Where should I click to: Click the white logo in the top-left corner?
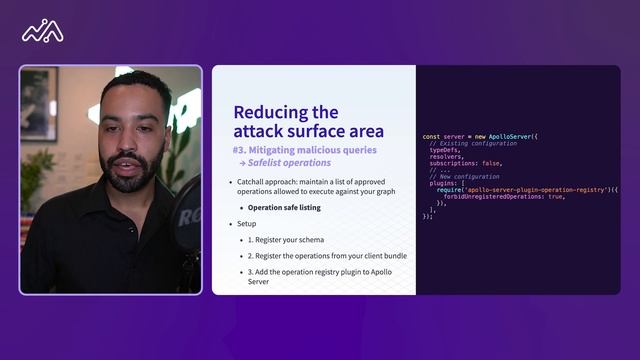click(43, 32)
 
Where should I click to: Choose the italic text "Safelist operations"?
click(290, 163)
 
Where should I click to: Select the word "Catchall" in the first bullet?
click(252, 182)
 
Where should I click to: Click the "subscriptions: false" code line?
click(466, 163)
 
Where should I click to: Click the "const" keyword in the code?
click(431, 137)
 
